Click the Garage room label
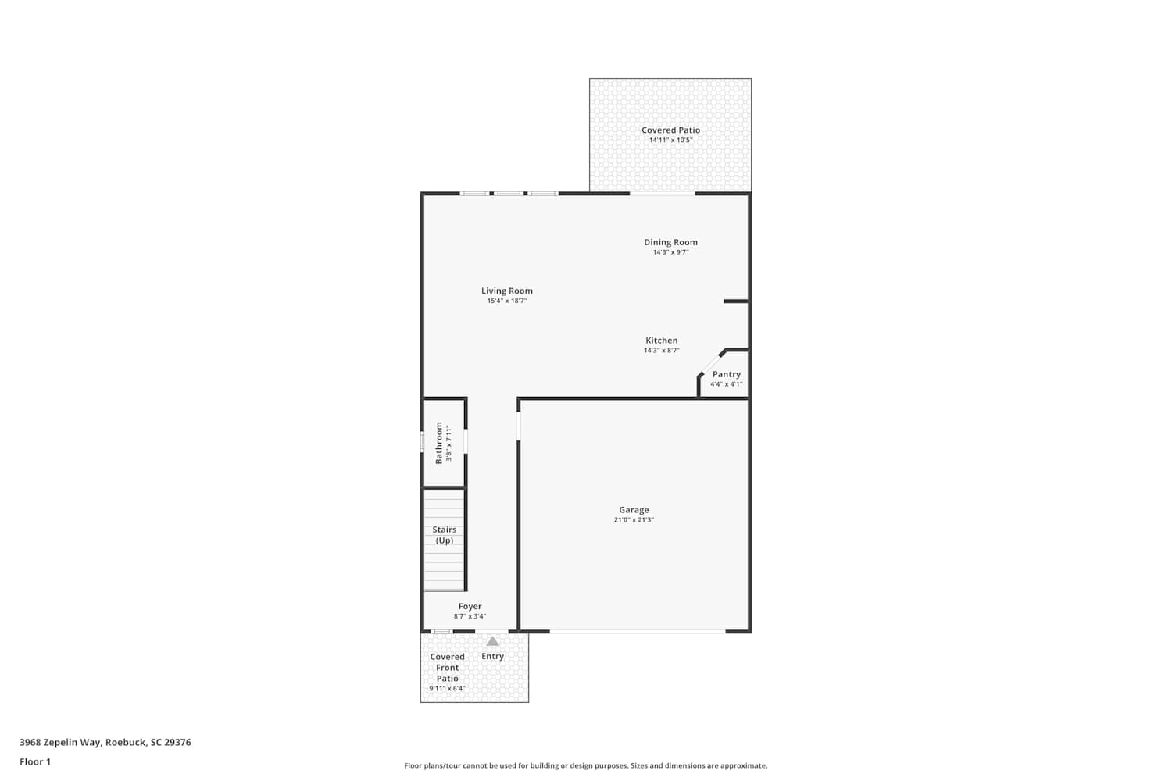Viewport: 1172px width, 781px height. pos(634,509)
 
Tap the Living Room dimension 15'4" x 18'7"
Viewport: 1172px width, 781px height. pos(507,301)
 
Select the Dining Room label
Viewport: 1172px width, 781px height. pos(670,242)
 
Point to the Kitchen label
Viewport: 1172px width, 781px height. pos(661,341)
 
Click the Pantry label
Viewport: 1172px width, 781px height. pos(726,375)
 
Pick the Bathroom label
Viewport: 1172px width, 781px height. pos(439,443)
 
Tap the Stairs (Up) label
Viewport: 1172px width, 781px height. pos(445,535)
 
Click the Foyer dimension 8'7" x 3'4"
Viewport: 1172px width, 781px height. pos(470,616)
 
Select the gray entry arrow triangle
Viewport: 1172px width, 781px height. pos(492,641)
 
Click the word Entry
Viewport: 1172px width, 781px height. pos(492,657)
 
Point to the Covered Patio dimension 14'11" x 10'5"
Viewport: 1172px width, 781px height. pos(670,141)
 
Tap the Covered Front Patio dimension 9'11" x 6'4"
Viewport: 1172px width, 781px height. pos(448,688)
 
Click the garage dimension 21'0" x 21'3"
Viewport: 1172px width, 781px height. pos(634,520)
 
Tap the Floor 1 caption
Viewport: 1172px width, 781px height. pos(35,762)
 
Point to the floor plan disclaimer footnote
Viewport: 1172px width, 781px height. pos(585,766)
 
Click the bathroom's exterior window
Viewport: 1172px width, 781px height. pos(422,441)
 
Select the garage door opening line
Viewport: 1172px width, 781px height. pos(638,632)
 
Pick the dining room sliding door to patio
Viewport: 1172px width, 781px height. pos(662,194)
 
